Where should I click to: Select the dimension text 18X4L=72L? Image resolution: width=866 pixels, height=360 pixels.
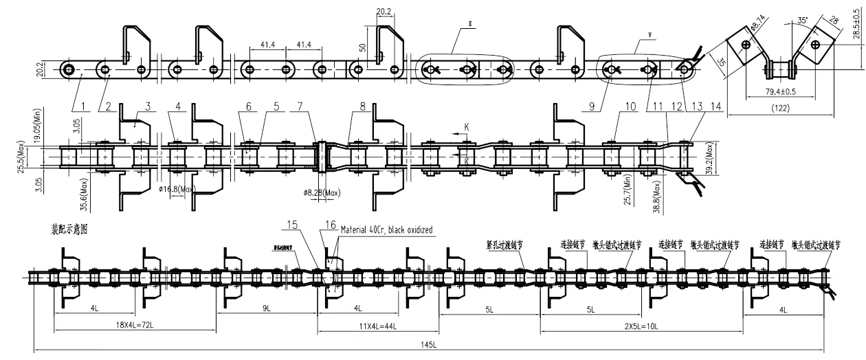pyautogui.click(x=136, y=324)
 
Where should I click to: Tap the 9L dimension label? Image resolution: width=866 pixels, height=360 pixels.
pyautogui.click(x=265, y=310)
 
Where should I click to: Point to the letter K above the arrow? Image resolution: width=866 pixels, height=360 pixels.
pyautogui.click(x=467, y=127)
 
